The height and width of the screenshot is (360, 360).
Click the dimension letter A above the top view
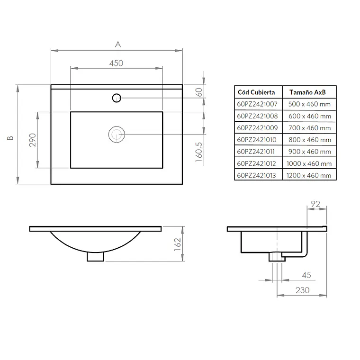[x=118, y=45]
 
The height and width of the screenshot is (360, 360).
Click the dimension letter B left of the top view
[x=10, y=138]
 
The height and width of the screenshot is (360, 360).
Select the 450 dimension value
[x=116, y=63]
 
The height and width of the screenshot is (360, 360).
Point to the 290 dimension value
[x=33, y=140]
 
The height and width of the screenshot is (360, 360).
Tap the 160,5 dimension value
[x=199, y=152]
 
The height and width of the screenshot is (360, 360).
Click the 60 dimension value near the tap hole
[x=199, y=92]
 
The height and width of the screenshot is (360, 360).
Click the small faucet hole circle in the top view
[x=117, y=98]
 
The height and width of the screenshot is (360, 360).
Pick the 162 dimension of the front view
[x=178, y=244]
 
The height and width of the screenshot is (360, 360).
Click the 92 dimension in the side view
[x=315, y=204]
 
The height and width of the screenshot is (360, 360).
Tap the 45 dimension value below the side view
[x=306, y=275]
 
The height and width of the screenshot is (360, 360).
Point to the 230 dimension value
[x=303, y=290]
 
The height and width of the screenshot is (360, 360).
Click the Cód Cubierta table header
[x=256, y=92]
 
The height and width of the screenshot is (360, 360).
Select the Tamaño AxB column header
[x=307, y=92]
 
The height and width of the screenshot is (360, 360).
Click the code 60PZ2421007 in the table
[x=257, y=104]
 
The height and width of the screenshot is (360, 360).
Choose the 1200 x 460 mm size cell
[x=309, y=176]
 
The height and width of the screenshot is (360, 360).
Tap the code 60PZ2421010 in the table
[x=257, y=140]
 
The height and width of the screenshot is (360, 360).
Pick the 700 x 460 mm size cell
[x=310, y=128]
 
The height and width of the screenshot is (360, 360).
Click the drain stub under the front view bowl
[x=95, y=257]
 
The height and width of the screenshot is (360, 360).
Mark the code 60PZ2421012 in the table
[x=256, y=164]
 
